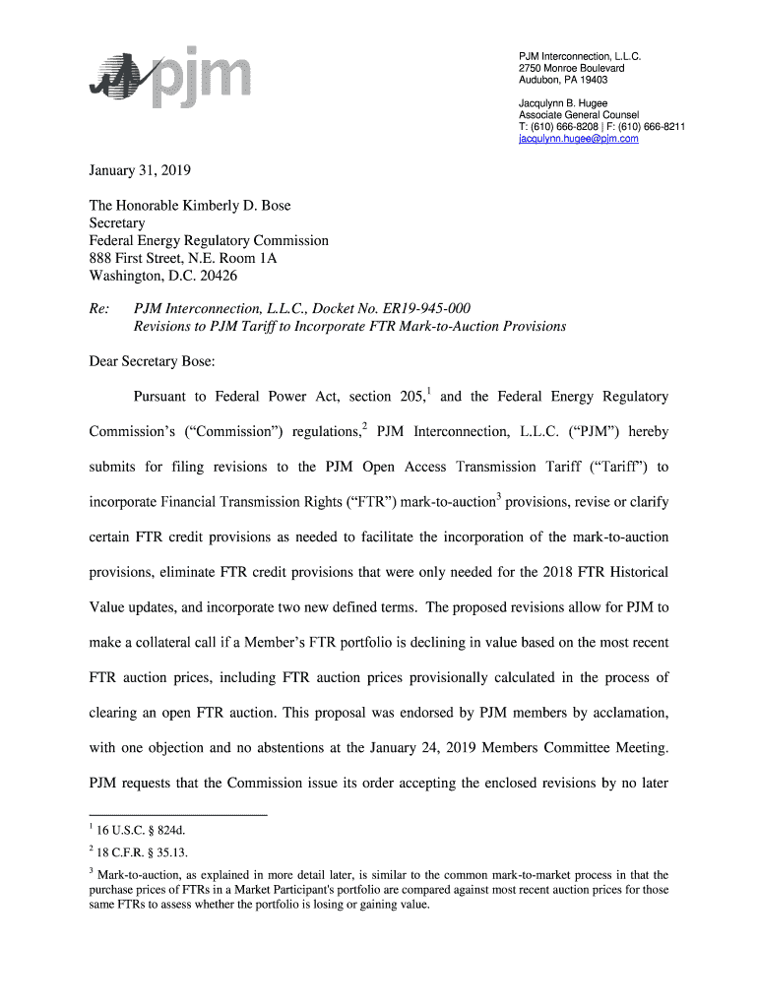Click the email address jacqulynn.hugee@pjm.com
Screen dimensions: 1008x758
579,140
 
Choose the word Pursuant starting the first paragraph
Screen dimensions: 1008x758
163,397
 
